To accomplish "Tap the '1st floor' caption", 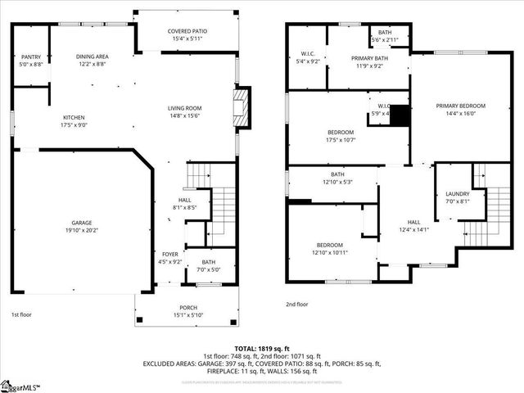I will pyautogui.click(x=21, y=314).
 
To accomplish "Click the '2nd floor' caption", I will pyautogui.click(x=297, y=304).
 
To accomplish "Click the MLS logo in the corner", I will pyautogui.click(x=20, y=386).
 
